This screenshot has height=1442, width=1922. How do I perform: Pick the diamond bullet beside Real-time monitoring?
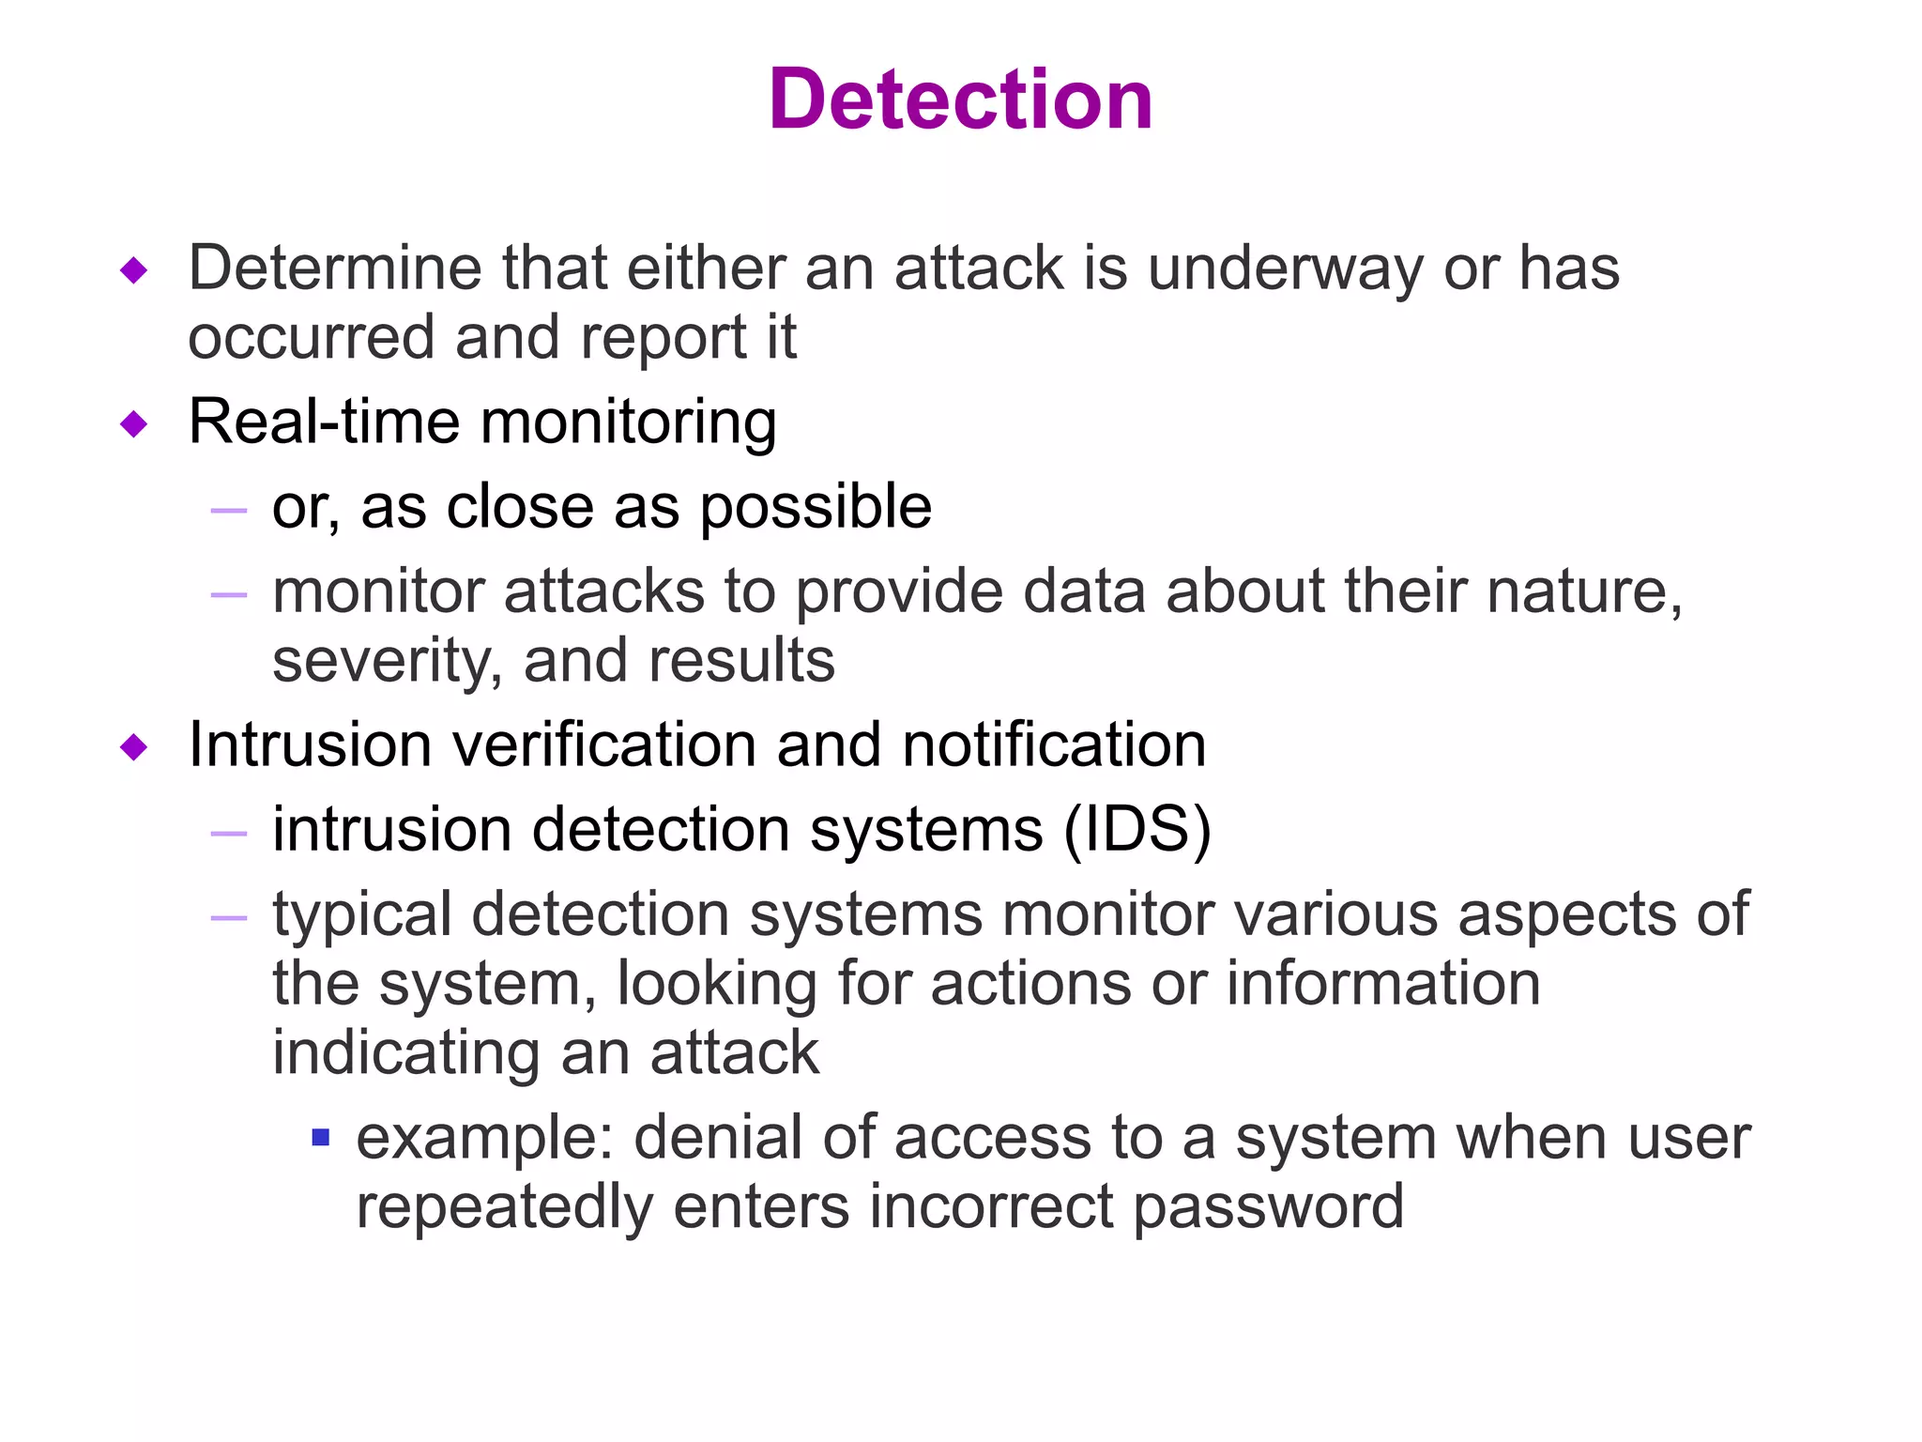[x=135, y=424]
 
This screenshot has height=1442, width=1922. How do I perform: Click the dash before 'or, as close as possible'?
[x=229, y=511]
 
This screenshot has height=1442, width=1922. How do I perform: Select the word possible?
[x=816, y=509]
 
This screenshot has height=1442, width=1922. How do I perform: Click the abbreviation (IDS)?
[x=1137, y=831]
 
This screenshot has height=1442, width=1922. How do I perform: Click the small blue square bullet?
[x=321, y=1138]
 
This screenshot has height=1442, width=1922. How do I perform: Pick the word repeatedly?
[x=504, y=1207]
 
